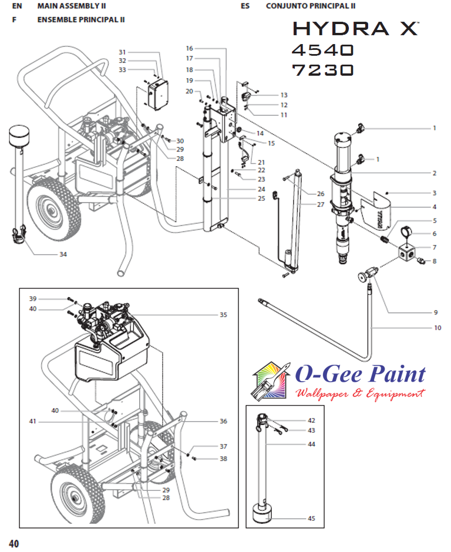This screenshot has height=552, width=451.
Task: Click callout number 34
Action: coord(63,254)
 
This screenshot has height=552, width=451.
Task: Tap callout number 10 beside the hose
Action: coord(437,328)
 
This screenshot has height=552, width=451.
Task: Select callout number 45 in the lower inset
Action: coord(311,519)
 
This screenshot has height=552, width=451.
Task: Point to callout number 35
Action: coord(223,315)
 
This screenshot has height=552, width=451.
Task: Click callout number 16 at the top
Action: coord(190,48)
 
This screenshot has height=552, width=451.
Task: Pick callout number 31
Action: coord(122,52)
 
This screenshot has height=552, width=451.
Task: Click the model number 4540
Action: coord(323,49)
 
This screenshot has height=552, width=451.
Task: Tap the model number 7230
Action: coord(323,70)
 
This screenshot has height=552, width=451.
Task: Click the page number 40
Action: coord(14,543)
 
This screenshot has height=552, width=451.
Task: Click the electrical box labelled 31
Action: coord(157,94)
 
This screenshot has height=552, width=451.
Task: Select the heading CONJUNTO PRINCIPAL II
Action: coord(311,6)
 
